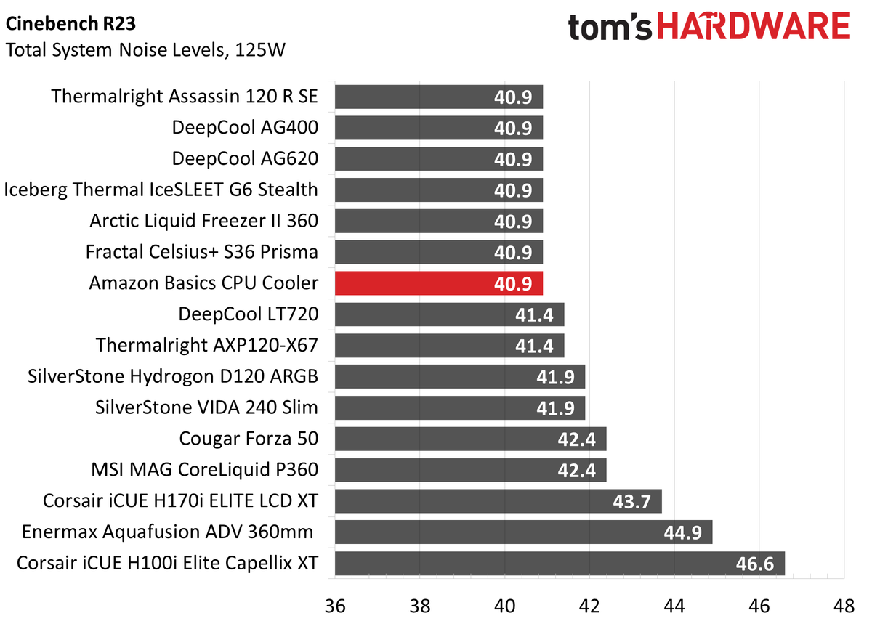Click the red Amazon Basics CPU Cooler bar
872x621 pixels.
click(x=438, y=283)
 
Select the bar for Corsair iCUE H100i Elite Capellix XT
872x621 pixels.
click(x=559, y=563)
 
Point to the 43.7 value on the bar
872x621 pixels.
click(x=631, y=501)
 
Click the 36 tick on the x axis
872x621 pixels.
click(x=334, y=605)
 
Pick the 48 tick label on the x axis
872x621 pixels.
click(x=844, y=605)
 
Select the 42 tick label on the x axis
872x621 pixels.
click(x=589, y=605)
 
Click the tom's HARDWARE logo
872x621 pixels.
click(x=708, y=28)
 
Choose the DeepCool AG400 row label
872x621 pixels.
click(x=245, y=128)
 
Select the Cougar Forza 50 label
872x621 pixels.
click(x=249, y=439)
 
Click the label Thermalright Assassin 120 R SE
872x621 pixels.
click(x=185, y=97)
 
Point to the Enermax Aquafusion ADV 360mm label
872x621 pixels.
click(x=168, y=532)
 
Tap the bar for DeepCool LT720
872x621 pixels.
click(x=449, y=314)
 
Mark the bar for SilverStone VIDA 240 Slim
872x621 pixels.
click(x=459, y=407)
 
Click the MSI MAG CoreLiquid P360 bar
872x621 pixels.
click(x=470, y=470)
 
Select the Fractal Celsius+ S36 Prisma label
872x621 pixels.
click(x=201, y=252)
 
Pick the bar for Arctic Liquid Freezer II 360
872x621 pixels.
click(x=438, y=221)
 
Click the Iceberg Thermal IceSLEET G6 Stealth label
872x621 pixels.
click(x=161, y=190)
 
